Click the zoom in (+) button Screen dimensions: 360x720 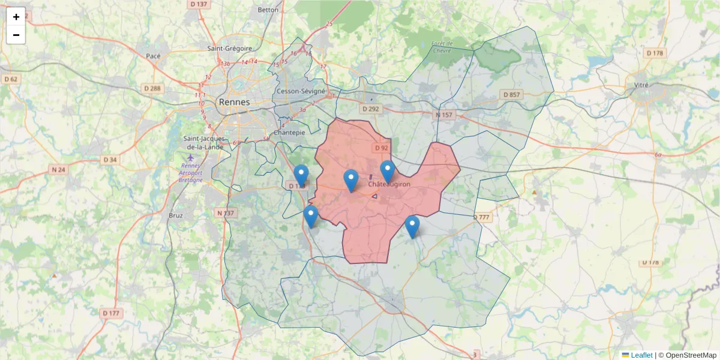click(16, 17)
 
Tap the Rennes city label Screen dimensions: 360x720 click(234, 102)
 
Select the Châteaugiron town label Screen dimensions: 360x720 click(389, 184)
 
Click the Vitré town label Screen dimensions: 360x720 click(641, 85)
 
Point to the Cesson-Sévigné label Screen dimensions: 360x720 click(301, 91)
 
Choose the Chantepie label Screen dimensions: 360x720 click(289, 132)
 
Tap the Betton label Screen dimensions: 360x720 click(268, 10)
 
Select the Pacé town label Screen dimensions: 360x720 click(153, 56)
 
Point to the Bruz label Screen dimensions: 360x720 click(176, 215)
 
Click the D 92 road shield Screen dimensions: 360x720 click(382, 148)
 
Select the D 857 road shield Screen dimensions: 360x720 click(512, 95)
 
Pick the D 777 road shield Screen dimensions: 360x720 click(482, 217)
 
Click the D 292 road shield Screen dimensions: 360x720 click(371, 109)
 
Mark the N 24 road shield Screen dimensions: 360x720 click(58, 170)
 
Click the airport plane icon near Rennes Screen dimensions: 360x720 click(191, 157)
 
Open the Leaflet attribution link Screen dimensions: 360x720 click(641, 355)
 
